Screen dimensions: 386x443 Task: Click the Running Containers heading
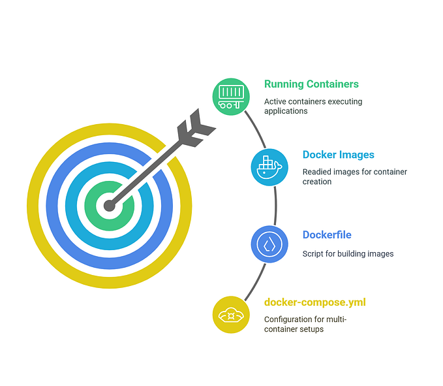311,84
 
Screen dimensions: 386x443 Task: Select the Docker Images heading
338,155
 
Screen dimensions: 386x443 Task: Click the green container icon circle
231,97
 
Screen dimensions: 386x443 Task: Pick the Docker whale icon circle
269,167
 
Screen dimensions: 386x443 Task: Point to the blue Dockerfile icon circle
269,245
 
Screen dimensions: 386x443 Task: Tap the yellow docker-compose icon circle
232,314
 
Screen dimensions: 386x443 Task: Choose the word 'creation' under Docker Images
318,182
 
